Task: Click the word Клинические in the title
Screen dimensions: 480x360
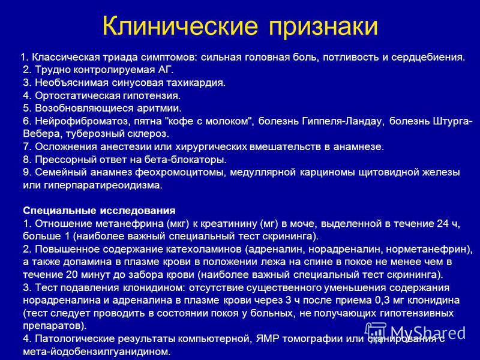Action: coord(180,25)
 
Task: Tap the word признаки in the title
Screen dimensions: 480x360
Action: coord(323,27)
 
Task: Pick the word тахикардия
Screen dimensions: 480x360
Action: coord(196,83)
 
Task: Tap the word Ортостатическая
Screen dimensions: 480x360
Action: coord(78,96)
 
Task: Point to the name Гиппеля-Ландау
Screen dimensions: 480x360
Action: coord(343,122)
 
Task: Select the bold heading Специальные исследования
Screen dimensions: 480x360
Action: coord(99,211)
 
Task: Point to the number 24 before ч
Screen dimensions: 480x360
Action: coord(442,224)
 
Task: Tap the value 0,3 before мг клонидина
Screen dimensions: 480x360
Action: coord(382,301)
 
